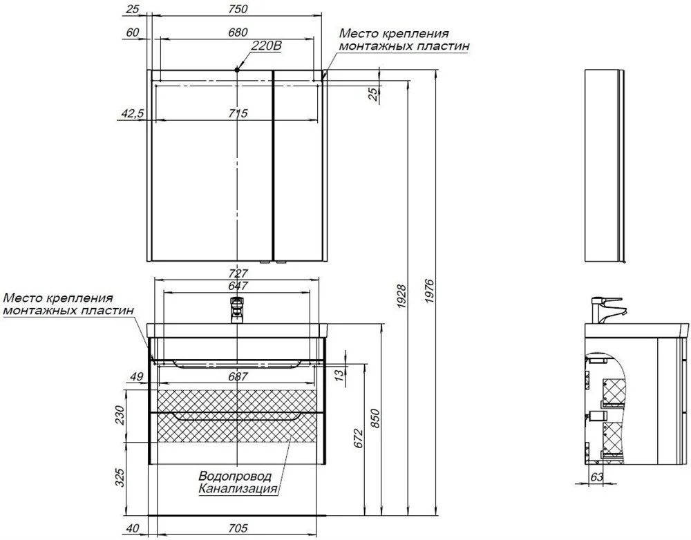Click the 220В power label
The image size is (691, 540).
(266, 45)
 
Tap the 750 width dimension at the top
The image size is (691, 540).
(238, 8)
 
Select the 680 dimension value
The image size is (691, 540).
(238, 32)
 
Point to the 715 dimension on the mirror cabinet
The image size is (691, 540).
(238, 113)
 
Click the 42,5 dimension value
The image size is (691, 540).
(133, 113)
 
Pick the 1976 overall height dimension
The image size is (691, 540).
(430, 291)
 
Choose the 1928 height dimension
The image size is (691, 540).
(401, 296)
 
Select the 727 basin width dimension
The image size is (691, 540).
(238, 273)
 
